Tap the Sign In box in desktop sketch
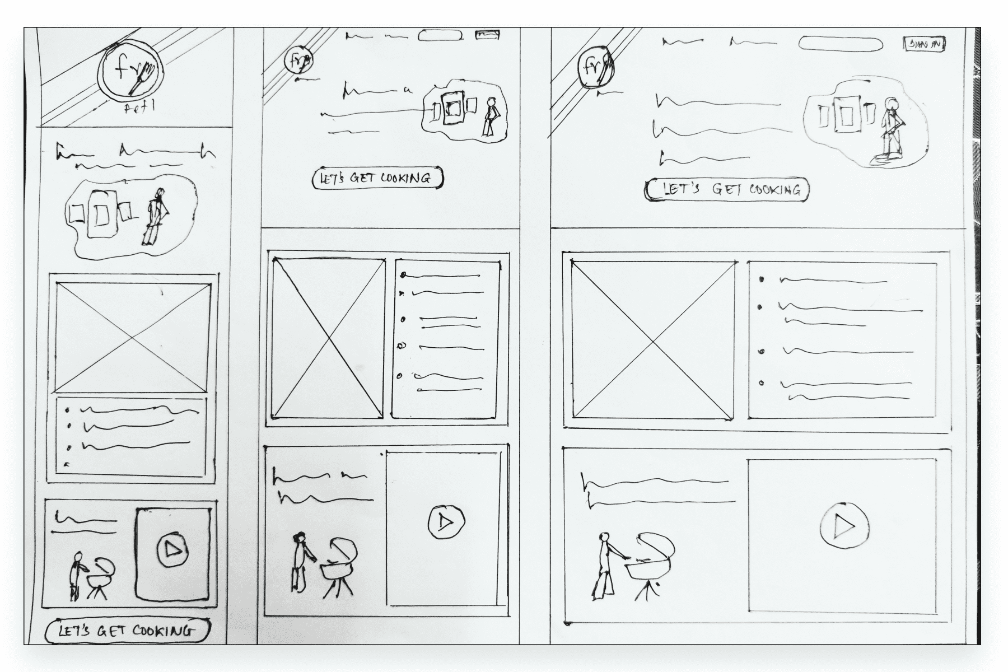point(925,44)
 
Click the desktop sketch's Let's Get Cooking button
point(726,190)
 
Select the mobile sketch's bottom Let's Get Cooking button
point(128,631)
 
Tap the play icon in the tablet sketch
point(446,522)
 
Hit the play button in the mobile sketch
point(172,549)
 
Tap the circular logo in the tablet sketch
point(298,59)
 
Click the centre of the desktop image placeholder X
point(653,340)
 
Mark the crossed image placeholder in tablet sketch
point(328,338)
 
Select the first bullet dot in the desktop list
point(760,279)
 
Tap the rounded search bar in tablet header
point(441,35)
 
